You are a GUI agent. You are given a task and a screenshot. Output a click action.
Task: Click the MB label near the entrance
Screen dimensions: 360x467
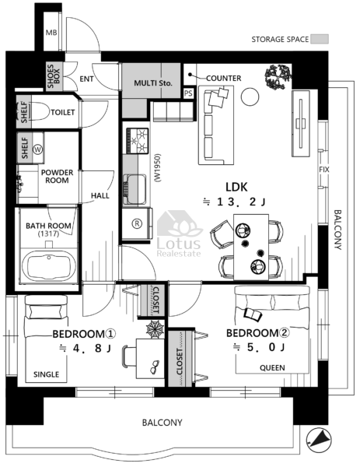point(51,32)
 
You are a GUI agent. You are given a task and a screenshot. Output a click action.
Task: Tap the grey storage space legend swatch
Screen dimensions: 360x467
point(320,39)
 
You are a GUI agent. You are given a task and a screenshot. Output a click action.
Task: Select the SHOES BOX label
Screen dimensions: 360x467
point(54,76)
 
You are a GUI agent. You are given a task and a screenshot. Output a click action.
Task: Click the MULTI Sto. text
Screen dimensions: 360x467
point(153,83)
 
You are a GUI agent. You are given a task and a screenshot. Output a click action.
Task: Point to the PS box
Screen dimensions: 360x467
point(188,93)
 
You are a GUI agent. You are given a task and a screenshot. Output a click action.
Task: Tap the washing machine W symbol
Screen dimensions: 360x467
point(38,149)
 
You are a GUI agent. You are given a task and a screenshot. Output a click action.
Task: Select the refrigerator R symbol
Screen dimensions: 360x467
point(137,223)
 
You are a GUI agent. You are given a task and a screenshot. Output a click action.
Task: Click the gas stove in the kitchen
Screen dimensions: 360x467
point(137,141)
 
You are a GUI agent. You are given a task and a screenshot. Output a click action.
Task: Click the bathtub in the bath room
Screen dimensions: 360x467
point(48,265)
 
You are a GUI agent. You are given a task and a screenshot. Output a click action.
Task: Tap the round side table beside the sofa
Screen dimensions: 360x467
point(250,97)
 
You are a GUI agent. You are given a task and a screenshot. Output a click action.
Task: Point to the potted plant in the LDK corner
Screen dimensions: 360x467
point(278,77)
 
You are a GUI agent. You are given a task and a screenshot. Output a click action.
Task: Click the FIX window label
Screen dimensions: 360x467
point(324,170)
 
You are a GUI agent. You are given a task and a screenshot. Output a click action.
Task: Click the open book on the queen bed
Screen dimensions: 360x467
point(253,314)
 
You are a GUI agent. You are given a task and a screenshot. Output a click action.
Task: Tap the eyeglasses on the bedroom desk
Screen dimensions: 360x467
point(155,367)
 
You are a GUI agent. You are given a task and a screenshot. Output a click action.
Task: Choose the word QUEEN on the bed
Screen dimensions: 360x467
point(272,368)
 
